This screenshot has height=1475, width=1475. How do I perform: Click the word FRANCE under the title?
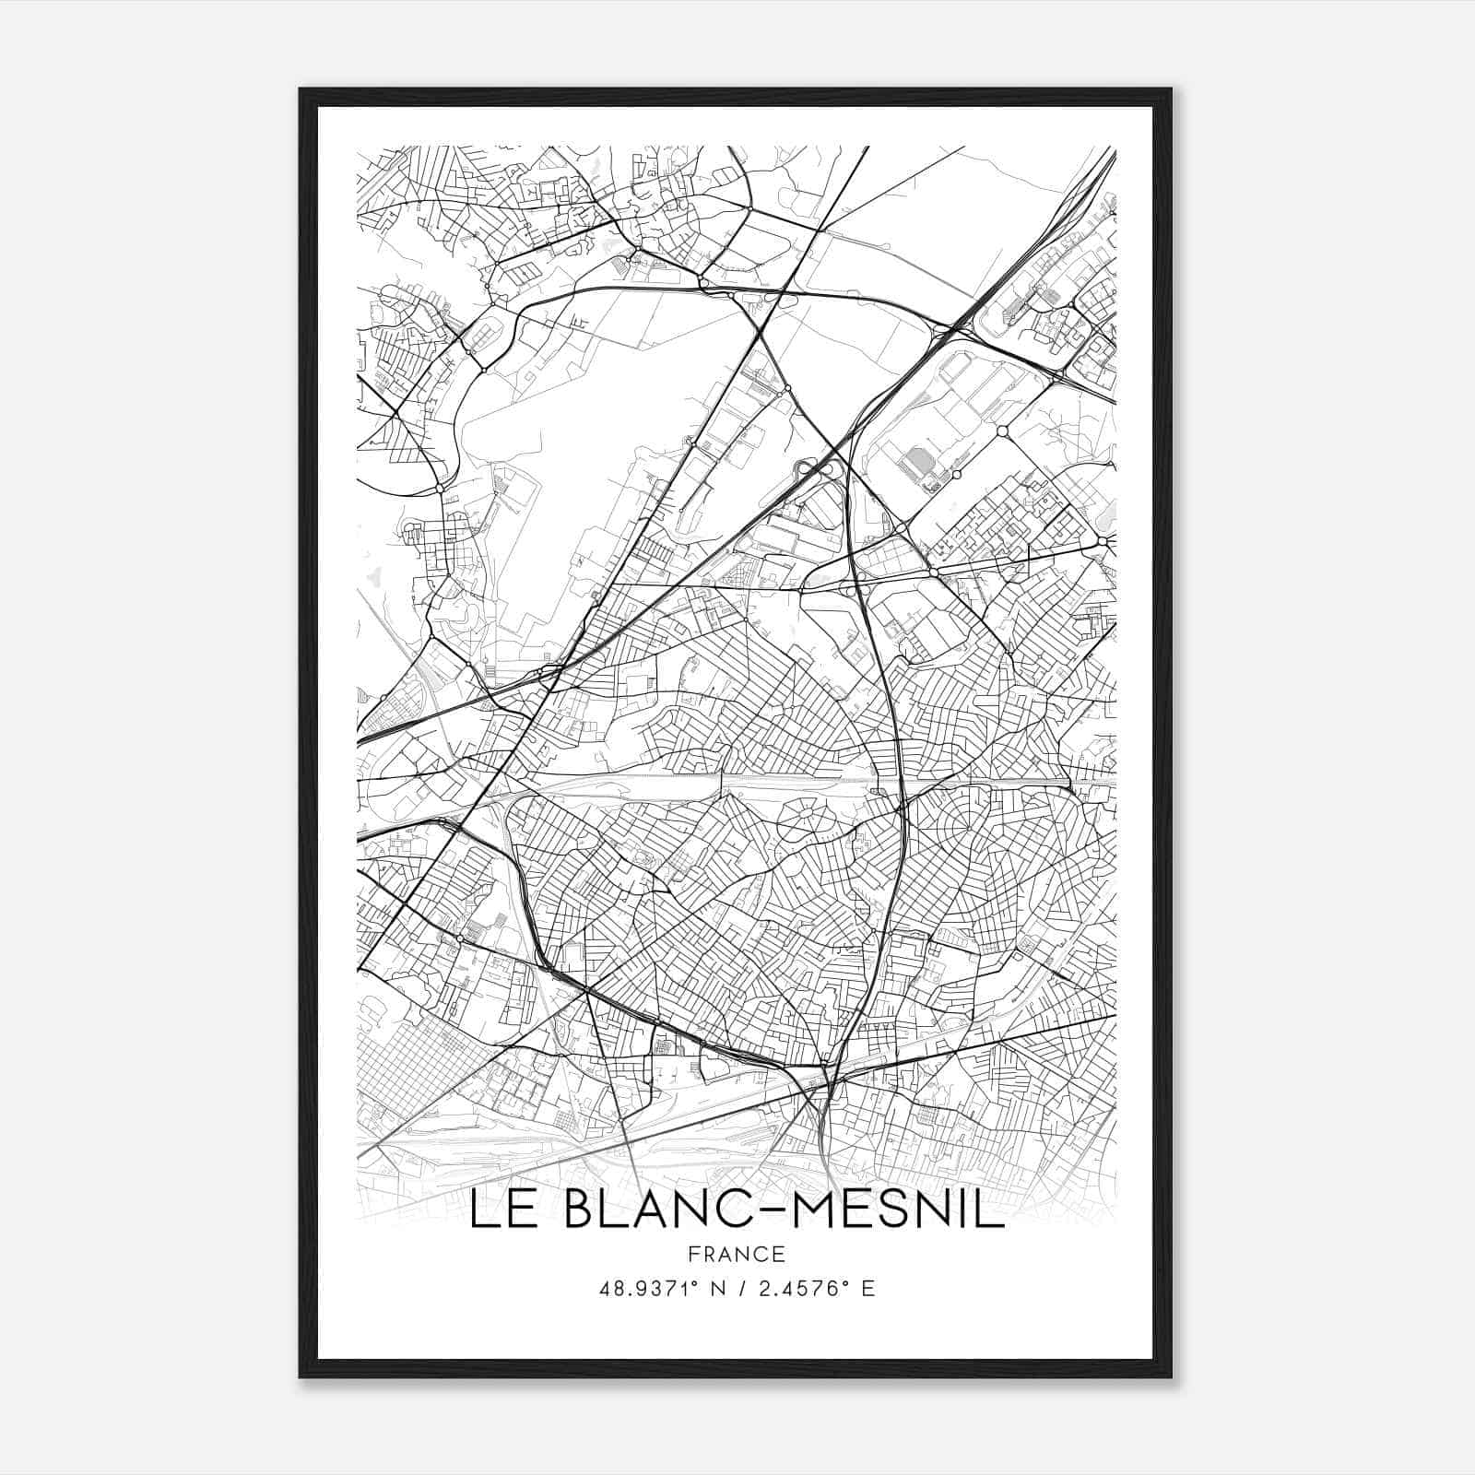pyautogui.click(x=736, y=1255)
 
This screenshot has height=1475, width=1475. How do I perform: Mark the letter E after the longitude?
pyautogui.click(x=867, y=1289)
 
